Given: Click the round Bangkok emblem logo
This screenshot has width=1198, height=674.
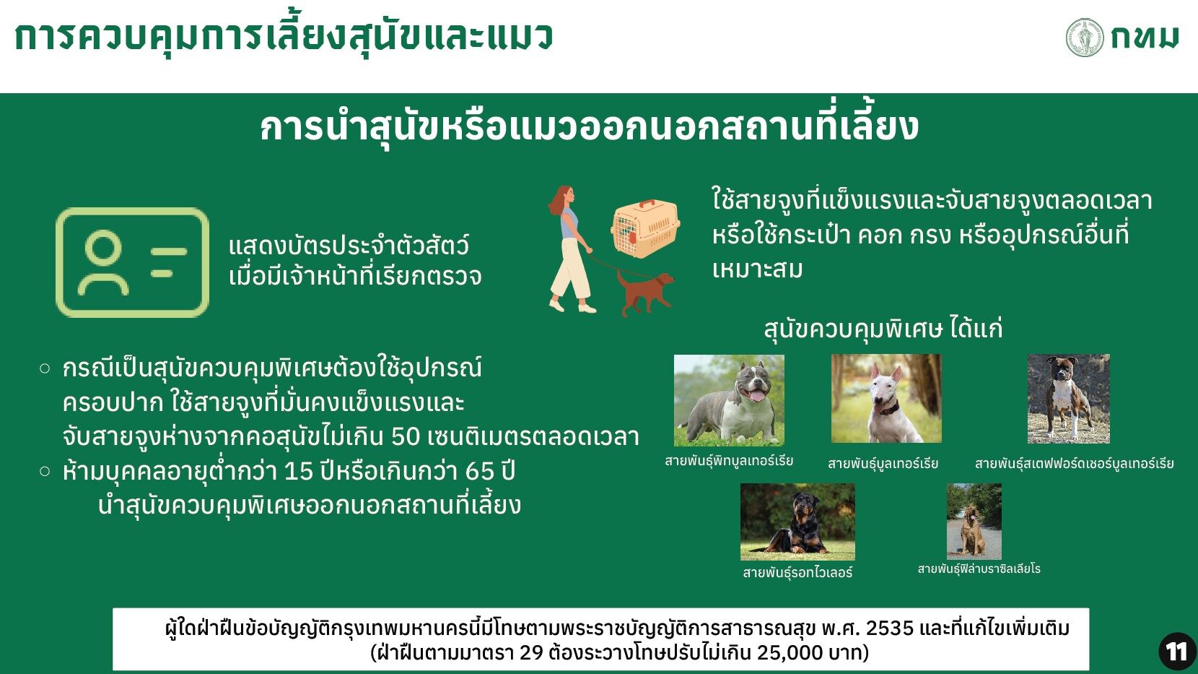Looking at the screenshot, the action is (1085, 38).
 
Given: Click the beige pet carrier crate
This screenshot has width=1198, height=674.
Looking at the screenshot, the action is (645, 228).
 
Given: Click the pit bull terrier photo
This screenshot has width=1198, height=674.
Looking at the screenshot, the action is (729, 400).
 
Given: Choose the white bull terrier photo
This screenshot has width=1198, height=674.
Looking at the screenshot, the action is (886, 398).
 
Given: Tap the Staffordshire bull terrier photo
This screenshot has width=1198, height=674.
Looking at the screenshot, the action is (1069, 399).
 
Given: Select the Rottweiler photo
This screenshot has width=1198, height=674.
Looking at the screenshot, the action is (797, 522).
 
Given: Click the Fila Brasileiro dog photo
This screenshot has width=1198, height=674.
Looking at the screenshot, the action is (974, 522).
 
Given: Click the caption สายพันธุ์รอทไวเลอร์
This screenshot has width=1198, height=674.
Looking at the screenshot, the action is (797, 573).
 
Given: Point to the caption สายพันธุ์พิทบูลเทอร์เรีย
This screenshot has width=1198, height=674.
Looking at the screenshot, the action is (729, 461).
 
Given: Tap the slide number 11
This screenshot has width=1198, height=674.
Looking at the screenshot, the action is (1176, 652).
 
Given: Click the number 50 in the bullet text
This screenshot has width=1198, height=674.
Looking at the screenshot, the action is (406, 437).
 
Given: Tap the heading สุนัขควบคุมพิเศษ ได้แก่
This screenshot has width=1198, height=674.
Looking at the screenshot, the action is (883, 328).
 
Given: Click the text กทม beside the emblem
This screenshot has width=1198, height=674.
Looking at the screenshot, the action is (1145, 38).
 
